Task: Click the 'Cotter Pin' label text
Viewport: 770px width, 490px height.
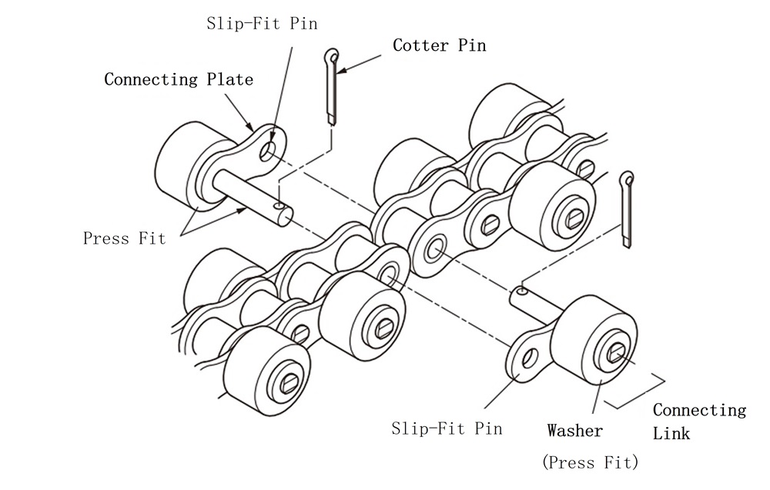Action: (x=439, y=45)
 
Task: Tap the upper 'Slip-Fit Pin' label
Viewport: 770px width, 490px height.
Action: (x=262, y=24)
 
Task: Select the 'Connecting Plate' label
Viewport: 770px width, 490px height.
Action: (x=178, y=79)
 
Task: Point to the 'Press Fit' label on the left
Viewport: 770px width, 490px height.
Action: (x=124, y=238)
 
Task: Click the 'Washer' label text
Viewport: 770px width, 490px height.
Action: (x=574, y=431)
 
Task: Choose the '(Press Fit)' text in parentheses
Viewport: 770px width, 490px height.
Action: (x=590, y=462)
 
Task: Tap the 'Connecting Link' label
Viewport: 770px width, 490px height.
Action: (x=698, y=421)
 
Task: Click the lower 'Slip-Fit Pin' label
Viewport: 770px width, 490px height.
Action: (x=447, y=428)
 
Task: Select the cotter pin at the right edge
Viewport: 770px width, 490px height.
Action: (x=628, y=208)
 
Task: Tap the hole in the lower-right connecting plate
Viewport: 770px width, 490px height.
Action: (x=530, y=358)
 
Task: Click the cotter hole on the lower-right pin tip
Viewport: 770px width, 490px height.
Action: (x=521, y=291)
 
